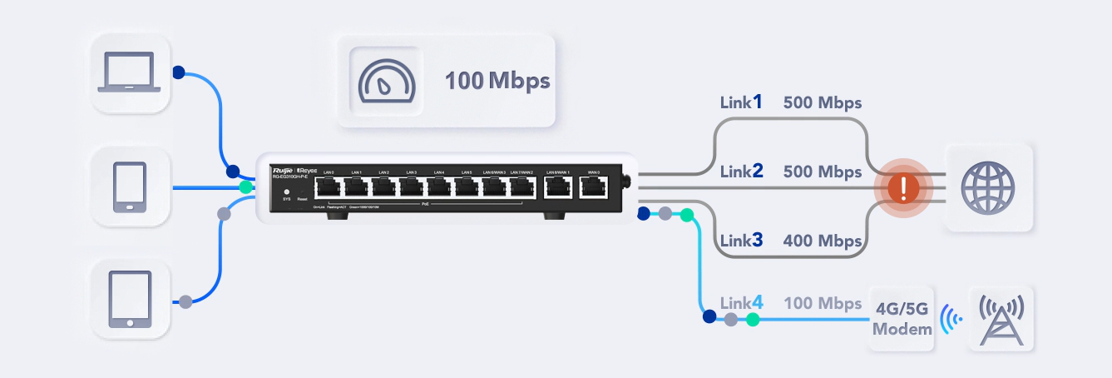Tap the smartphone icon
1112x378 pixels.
129,187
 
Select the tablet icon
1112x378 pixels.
130,299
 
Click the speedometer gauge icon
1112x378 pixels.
385,81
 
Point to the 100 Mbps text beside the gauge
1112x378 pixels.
497,81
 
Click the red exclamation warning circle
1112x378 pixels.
902,187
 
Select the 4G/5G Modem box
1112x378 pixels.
902,316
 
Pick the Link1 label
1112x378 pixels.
741,103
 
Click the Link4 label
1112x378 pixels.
741,303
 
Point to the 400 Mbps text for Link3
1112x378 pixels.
822,241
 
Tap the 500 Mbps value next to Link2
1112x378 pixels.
822,172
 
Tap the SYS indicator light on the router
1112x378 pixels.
287,191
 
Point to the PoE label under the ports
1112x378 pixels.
425,202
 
